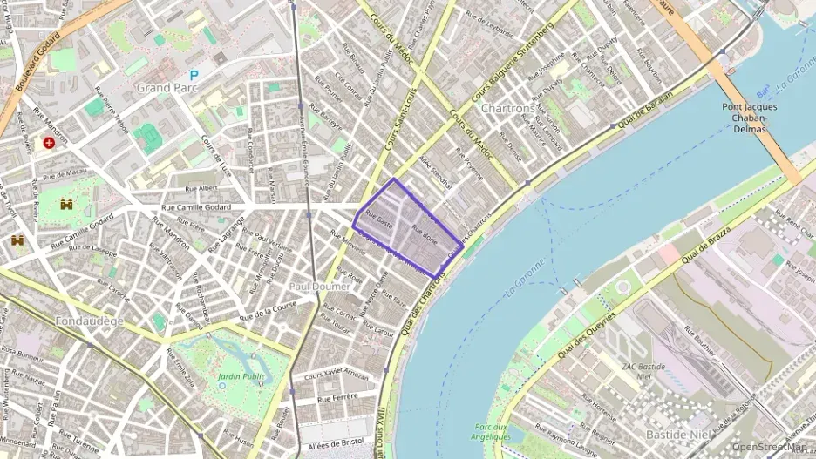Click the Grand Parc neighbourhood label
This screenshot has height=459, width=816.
(165, 88)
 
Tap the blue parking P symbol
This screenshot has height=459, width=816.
(194, 76)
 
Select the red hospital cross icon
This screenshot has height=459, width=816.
(49, 142)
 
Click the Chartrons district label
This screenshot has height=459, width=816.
(507, 108)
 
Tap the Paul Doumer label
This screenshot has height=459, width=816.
(313, 286)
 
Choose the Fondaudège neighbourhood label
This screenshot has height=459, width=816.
(89, 321)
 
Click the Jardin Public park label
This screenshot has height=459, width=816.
(240, 376)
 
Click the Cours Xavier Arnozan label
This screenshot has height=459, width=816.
(335, 374)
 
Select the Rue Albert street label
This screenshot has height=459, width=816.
(201, 187)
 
